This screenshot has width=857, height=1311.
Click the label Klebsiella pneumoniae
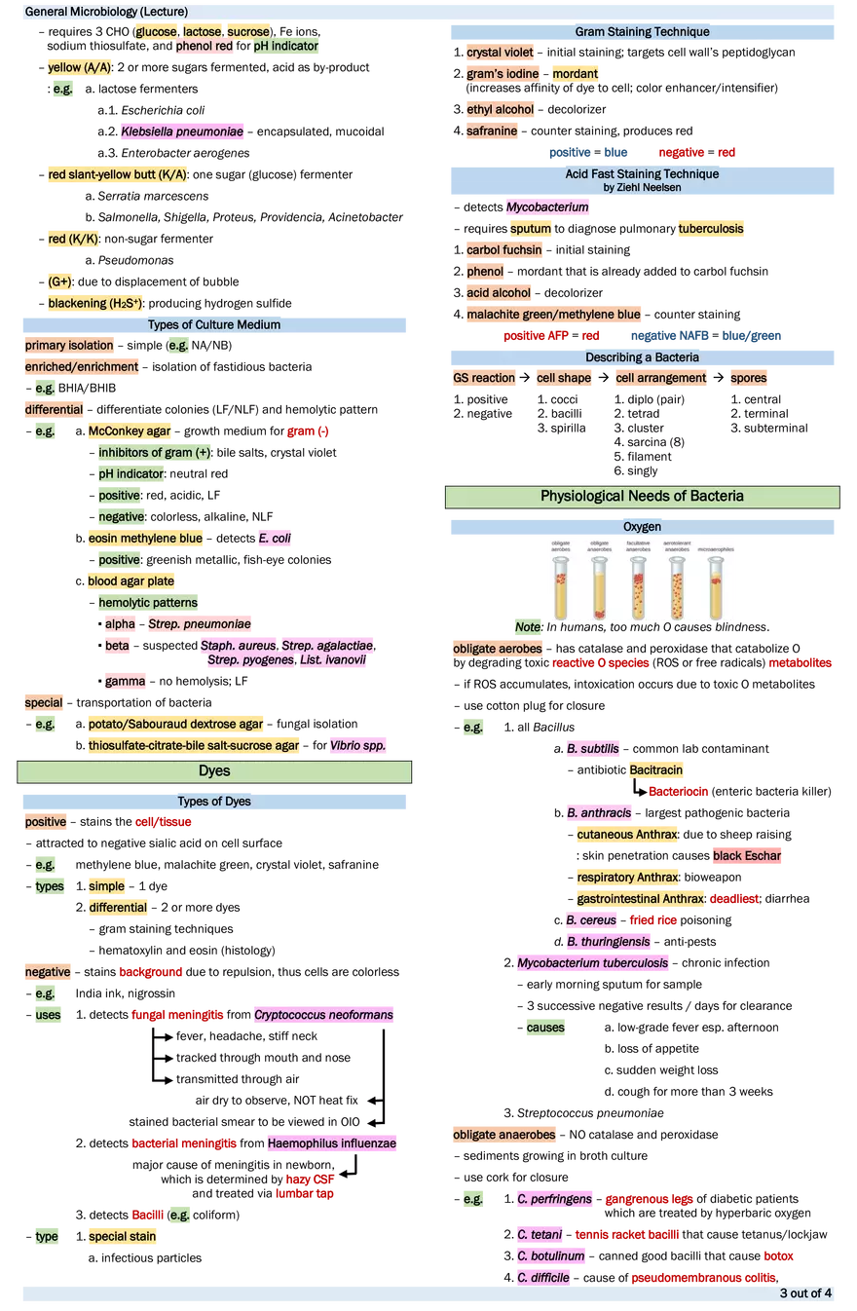click(182, 131)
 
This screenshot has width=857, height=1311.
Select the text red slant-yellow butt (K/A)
click(118, 175)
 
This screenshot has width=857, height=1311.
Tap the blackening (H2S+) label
click(97, 303)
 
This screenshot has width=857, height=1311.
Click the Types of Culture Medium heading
click(214, 324)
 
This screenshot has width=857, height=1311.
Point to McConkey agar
click(130, 431)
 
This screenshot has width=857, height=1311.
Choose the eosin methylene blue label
click(145, 538)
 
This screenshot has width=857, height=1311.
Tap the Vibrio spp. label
click(358, 746)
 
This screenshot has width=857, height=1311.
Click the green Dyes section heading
click(214, 771)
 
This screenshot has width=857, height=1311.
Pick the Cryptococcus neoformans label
click(323, 1016)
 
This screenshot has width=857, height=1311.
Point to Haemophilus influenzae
click(331, 1142)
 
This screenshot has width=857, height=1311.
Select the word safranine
click(492, 131)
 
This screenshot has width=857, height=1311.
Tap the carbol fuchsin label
click(504, 249)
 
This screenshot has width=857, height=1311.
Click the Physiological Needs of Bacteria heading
click(642, 497)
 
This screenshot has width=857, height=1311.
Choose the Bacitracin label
click(655, 770)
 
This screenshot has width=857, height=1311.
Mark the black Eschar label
click(747, 856)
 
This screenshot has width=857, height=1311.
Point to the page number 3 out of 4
click(805, 1294)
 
